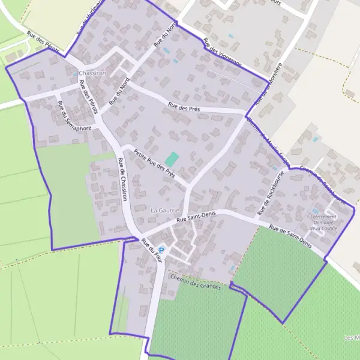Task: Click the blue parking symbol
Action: click(161, 250)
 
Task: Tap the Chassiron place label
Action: click(92, 73)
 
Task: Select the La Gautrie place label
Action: click(164, 210)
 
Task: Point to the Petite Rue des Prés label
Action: click(154, 163)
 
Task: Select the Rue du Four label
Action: click(152, 250)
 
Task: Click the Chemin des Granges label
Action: click(195, 282)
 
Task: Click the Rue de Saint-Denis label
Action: click(291, 236)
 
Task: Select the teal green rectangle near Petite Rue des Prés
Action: click(172, 160)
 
